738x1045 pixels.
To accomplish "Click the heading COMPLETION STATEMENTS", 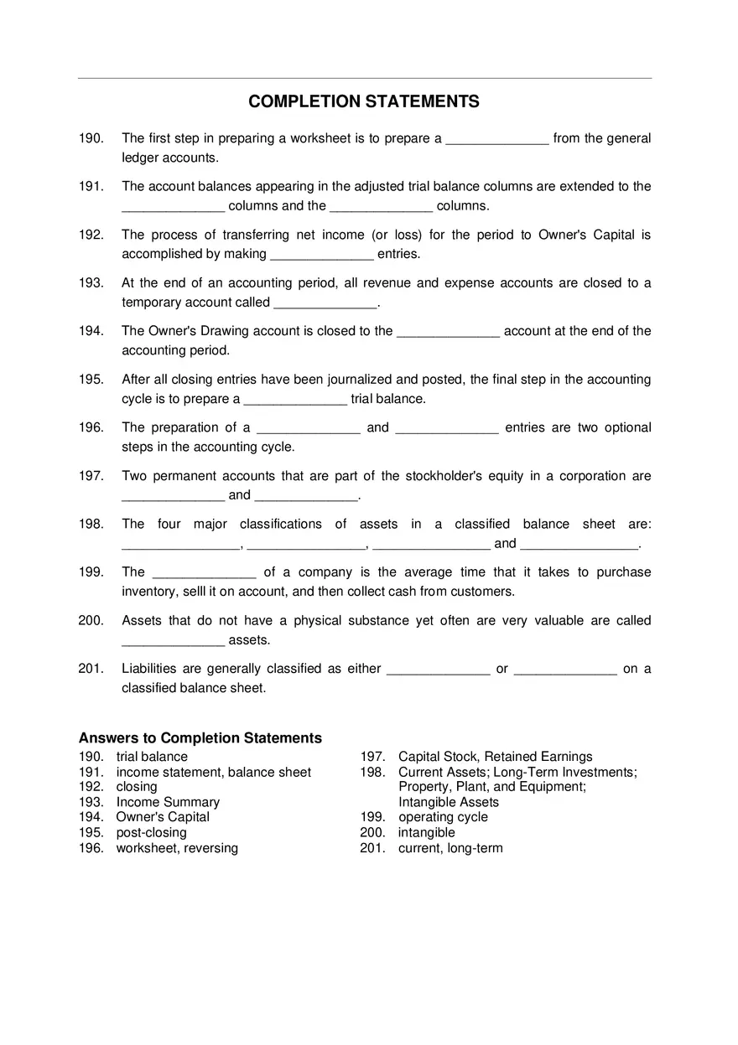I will pos(364,101).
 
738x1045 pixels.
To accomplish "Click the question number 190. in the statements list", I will pos(91,138).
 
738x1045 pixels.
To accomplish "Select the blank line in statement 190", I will pos(496,141).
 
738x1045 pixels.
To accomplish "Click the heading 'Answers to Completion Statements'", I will pos(200,738).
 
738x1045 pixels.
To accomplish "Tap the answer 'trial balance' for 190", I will pos(152,757).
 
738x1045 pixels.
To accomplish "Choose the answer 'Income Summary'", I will pos(168,802).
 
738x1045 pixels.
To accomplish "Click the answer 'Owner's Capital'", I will pos(163,817).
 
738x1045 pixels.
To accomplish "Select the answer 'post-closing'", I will pos(151,833).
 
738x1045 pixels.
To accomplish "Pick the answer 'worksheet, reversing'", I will pos(177,848).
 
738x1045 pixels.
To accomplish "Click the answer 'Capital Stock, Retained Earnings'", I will pos(495,757).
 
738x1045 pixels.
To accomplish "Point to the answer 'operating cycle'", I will pos(443,817).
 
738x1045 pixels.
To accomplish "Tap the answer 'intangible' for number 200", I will pos(426,833).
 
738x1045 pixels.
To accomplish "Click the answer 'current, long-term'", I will pos(450,848).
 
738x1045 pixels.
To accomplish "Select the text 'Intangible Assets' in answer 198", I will pos(449,802).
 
